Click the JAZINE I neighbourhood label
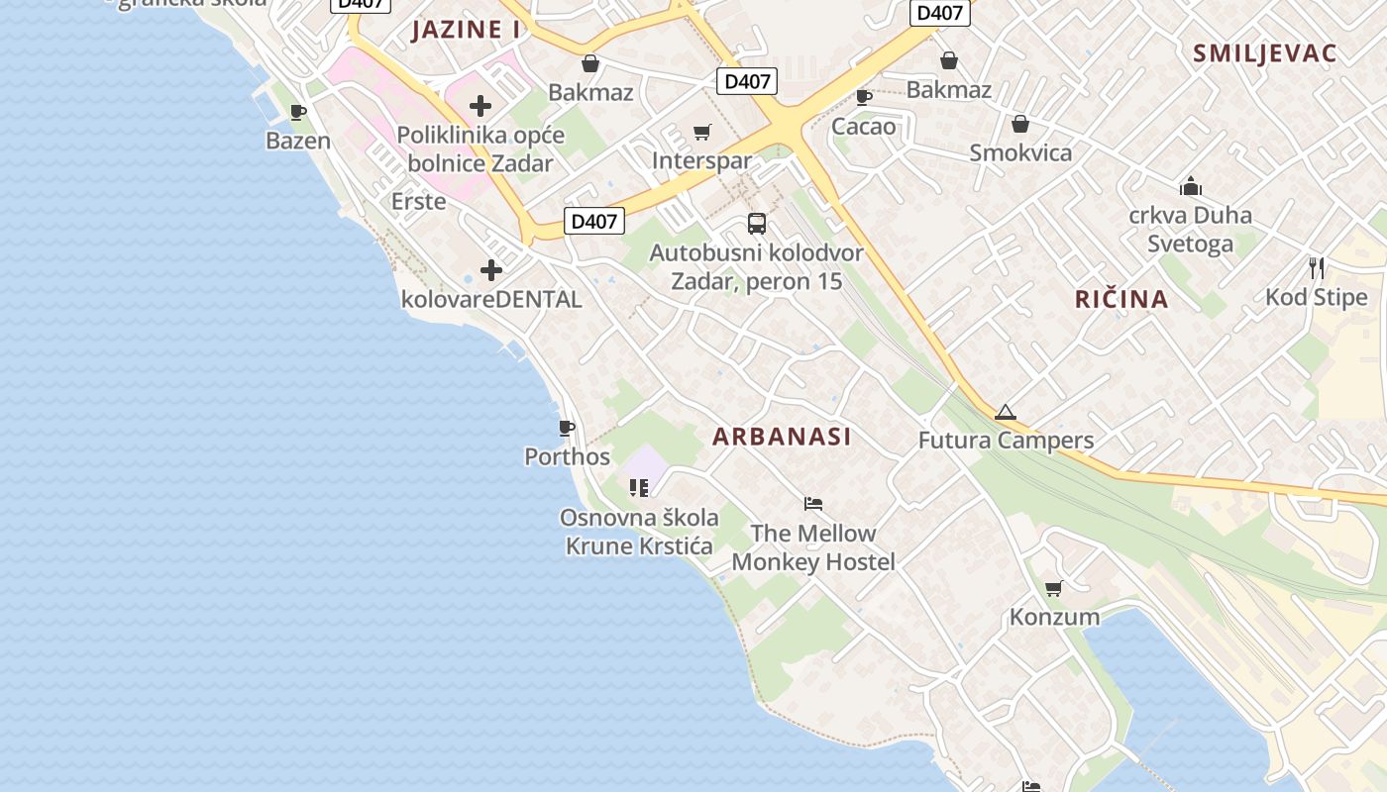[466, 30]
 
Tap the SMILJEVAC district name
[1265, 53]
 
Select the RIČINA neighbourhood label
[1121, 299]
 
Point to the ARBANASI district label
[782, 437]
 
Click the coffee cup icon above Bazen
[298, 112]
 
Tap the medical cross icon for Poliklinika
[480, 106]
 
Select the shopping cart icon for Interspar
[702, 132]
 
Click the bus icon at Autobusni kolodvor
[757, 223]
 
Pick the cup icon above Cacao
[864, 97]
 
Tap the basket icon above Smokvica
[1020, 124]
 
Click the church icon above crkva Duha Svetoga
[1190, 186]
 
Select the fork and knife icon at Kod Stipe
[1317, 268]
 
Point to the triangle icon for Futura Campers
[1006, 412]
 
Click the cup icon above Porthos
[567, 428]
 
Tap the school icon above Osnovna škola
[639, 488]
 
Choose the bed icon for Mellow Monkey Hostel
[813, 504]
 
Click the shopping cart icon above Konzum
[1054, 588]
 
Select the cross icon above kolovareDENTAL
[491, 269]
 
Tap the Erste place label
[418, 202]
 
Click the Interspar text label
[702, 160]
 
